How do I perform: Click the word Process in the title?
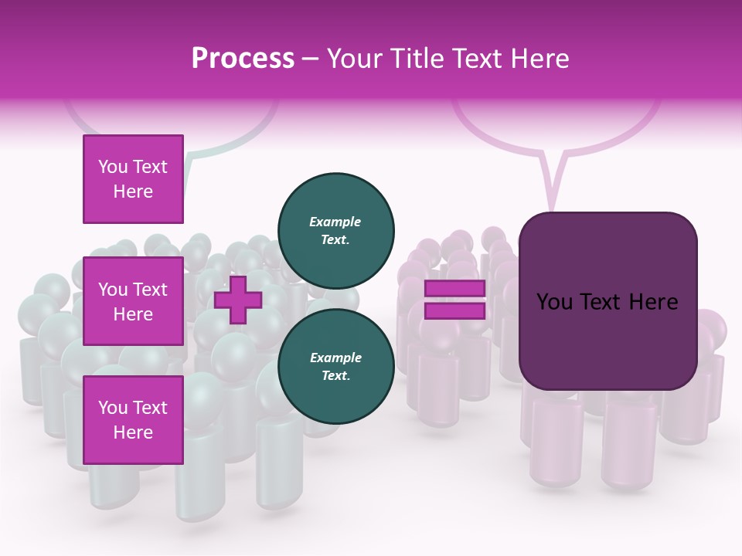pyautogui.click(x=243, y=59)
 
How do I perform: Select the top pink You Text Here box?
pyautogui.click(x=133, y=179)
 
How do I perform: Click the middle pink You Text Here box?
pyautogui.click(x=133, y=301)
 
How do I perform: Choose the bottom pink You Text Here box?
pyautogui.click(x=133, y=420)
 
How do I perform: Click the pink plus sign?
pyautogui.click(x=238, y=300)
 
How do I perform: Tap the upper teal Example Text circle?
pyautogui.click(x=336, y=230)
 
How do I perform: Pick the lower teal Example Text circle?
pyautogui.click(x=336, y=366)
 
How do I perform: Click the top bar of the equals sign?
pyautogui.click(x=454, y=289)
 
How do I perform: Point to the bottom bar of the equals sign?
pyautogui.click(x=454, y=310)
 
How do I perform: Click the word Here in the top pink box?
pyautogui.click(x=133, y=192)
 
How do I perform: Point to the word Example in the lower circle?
pyautogui.click(x=335, y=358)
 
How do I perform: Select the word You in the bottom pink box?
pyautogui.click(x=113, y=408)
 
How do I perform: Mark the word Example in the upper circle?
pyautogui.click(x=335, y=222)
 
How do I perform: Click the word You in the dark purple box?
pyautogui.click(x=554, y=302)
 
